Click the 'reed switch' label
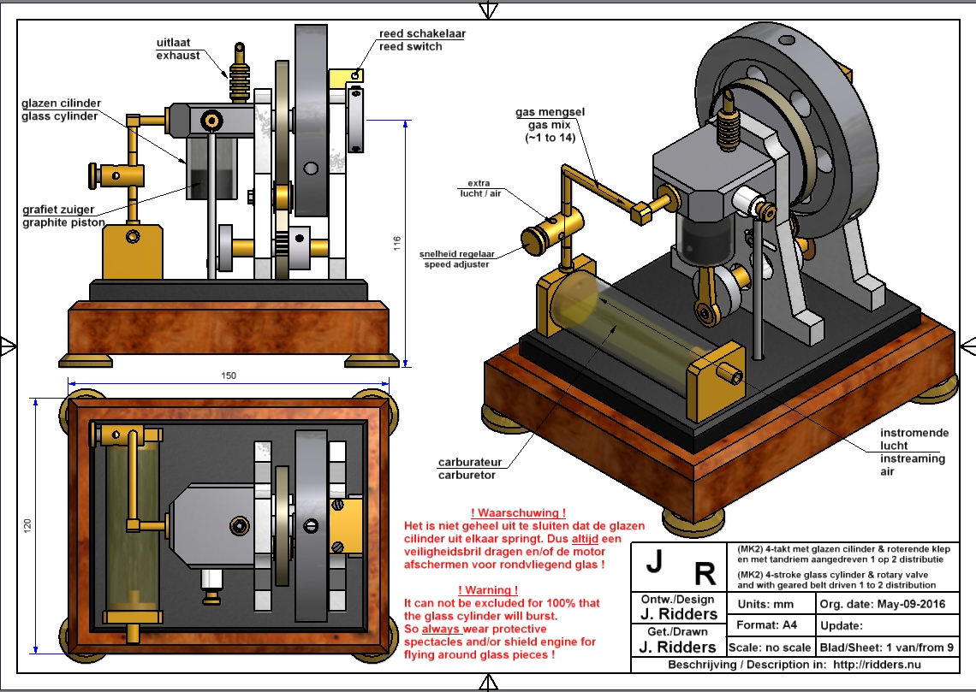click(x=410, y=46)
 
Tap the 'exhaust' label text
click(x=178, y=56)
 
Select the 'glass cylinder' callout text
click(x=60, y=116)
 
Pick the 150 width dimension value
click(x=229, y=375)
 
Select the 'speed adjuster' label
click(x=457, y=264)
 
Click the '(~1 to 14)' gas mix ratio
click(x=542, y=139)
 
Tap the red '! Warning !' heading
click(x=488, y=590)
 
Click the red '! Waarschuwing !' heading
click(x=512, y=512)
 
